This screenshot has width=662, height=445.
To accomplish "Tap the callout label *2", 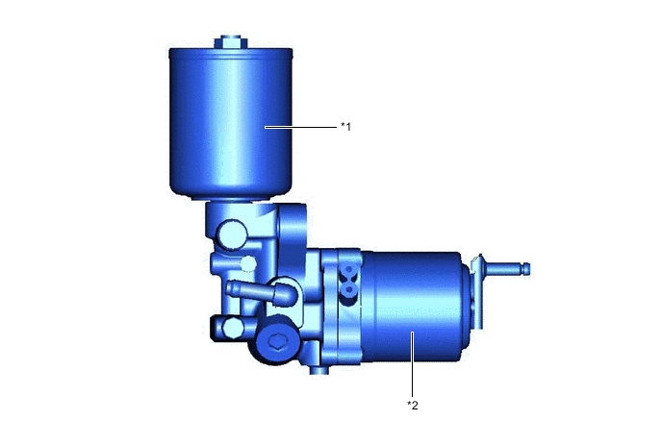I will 413,405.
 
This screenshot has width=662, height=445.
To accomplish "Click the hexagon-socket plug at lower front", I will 278,343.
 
